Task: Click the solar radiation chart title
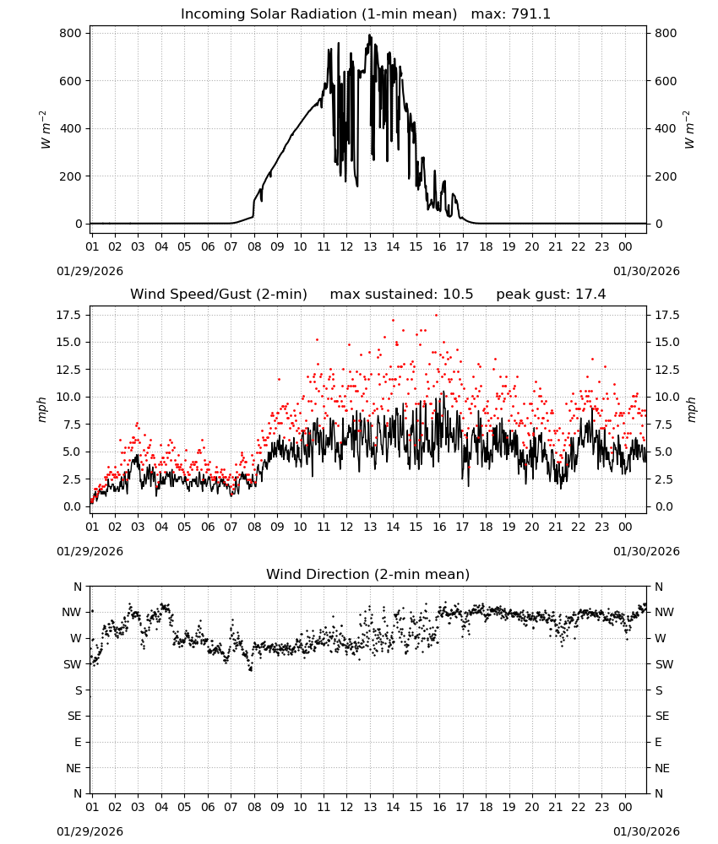[x=365, y=14]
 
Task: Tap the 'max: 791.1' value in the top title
[x=511, y=14]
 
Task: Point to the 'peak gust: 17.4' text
[x=551, y=294]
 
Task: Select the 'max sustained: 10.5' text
[x=401, y=294]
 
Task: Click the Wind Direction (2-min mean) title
[x=368, y=574]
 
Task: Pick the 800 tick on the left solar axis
[x=71, y=34]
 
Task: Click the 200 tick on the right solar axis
[x=666, y=176]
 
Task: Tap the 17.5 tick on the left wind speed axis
[x=69, y=315]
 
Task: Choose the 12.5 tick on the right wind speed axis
[x=667, y=370]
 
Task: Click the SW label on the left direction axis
[x=73, y=664]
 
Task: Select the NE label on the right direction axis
[x=662, y=768]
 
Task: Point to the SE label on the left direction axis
[x=74, y=716]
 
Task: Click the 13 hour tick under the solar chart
[x=370, y=246]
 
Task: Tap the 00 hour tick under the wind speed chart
[x=625, y=527]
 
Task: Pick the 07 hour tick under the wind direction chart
[x=231, y=807]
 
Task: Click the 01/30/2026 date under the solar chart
[x=646, y=271]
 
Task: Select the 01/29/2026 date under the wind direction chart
[x=90, y=831]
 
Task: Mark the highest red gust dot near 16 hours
[x=437, y=316]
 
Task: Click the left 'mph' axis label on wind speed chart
[x=42, y=409]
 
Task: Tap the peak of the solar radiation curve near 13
[x=369, y=35]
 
